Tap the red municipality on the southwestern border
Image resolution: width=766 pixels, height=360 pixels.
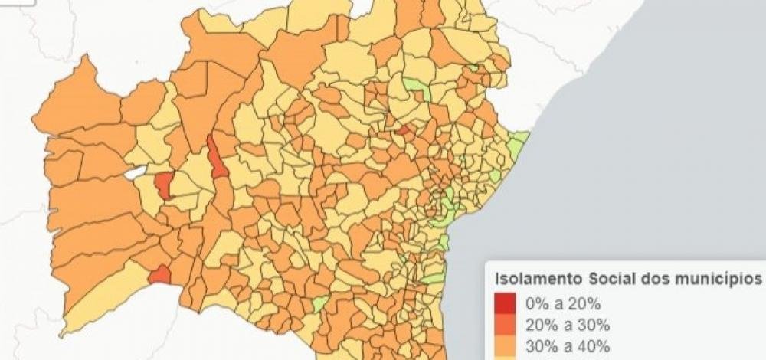point(159,274)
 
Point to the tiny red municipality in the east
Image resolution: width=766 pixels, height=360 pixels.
point(403,132)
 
